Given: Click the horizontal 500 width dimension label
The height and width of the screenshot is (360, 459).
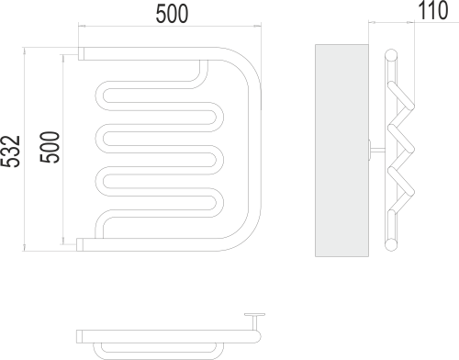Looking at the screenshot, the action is pos(172,14).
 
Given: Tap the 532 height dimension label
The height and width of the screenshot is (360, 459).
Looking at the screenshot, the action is pos(10,152).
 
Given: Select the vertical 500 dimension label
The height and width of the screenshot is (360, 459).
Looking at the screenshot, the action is pos(49,147).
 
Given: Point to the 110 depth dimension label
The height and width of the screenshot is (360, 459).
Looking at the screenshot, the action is pos(432,10).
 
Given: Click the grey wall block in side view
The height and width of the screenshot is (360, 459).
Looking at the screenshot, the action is pos(341,151).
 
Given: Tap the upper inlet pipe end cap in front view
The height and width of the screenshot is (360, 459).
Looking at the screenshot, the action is pos(82,53).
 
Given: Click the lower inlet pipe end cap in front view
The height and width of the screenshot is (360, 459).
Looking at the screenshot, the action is pos(80,244).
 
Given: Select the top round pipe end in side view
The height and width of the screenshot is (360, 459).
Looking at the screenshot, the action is pos(391,55).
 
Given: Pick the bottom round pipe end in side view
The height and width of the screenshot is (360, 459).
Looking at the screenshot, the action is pos(391,245).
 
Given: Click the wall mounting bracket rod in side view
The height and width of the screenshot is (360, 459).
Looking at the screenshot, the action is pos(377,150).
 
